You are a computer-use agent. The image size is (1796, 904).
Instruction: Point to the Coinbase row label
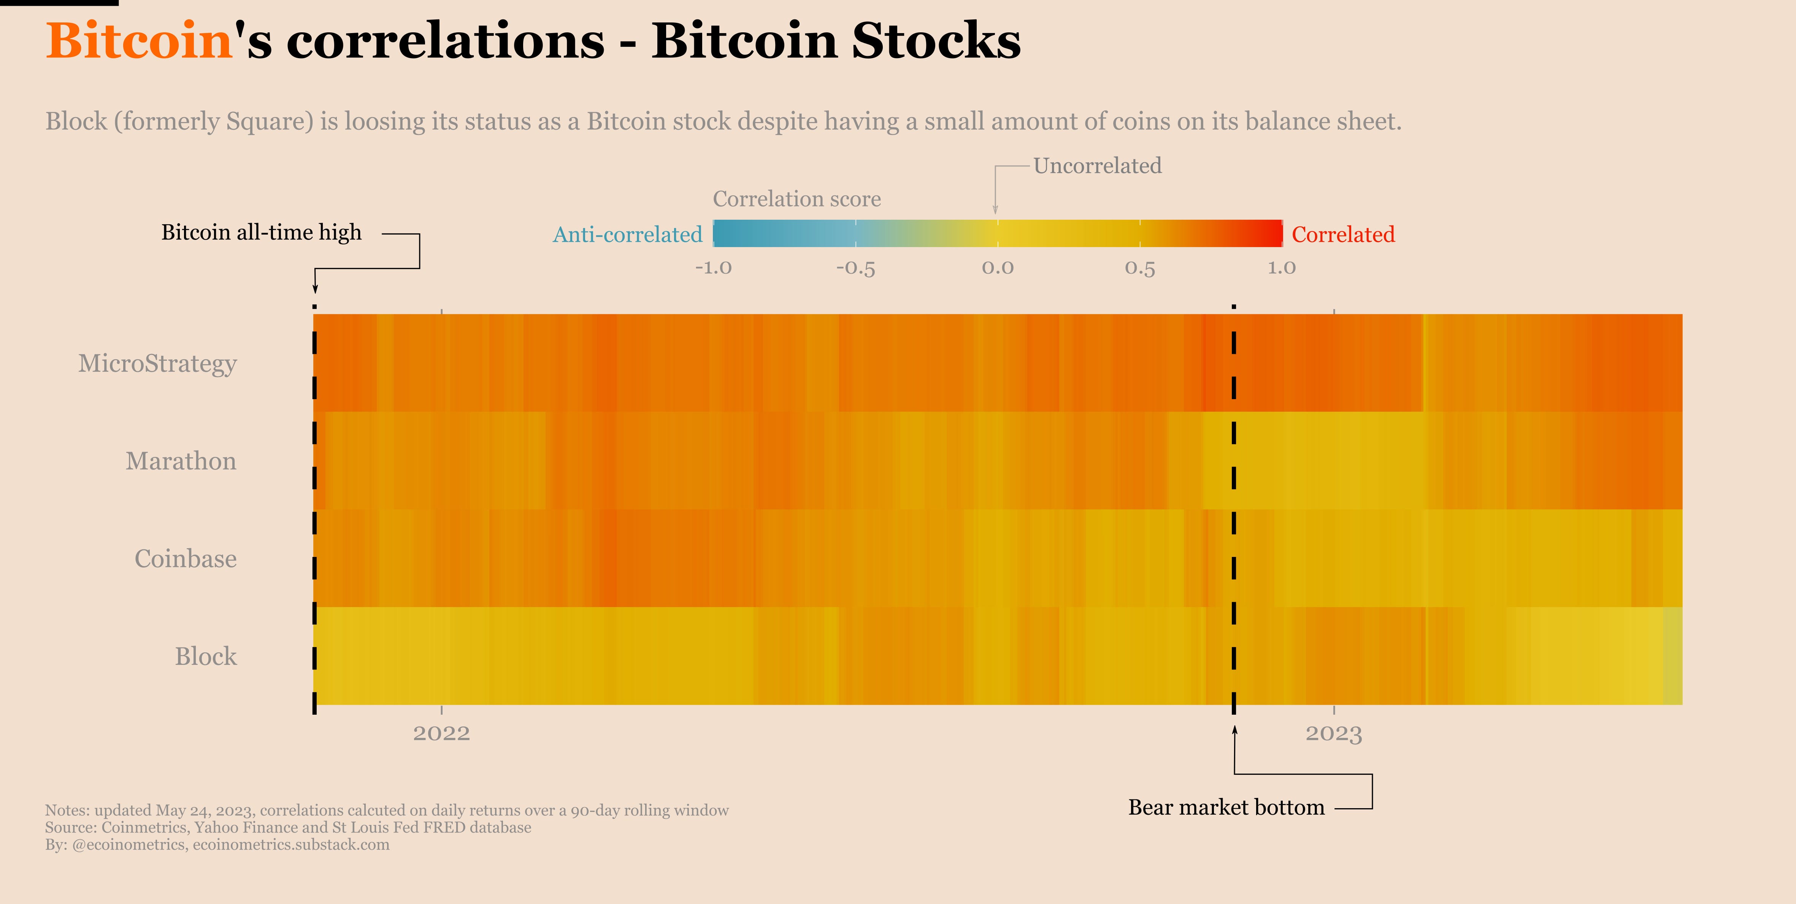coord(186,558)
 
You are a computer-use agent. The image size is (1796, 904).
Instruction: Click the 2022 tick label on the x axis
coord(441,733)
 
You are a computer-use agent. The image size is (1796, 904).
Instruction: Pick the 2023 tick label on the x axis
coord(1333,733)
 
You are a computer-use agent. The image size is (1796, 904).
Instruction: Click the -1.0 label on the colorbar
coord(713,268)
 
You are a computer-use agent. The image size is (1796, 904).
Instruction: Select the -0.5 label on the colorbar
coord(855,268)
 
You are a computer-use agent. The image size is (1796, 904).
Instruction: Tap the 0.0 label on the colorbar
coord(998,268)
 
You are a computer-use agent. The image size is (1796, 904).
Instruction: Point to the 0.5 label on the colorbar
coord(1140,268)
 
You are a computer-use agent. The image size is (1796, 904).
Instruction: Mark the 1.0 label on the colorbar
coord(1282,268)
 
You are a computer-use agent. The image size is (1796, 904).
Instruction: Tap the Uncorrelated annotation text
coord(1097,166)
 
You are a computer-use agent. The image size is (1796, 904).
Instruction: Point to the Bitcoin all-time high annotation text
coord(262,232)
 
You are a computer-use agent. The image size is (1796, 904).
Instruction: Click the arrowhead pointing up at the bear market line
coord(1234,730)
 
